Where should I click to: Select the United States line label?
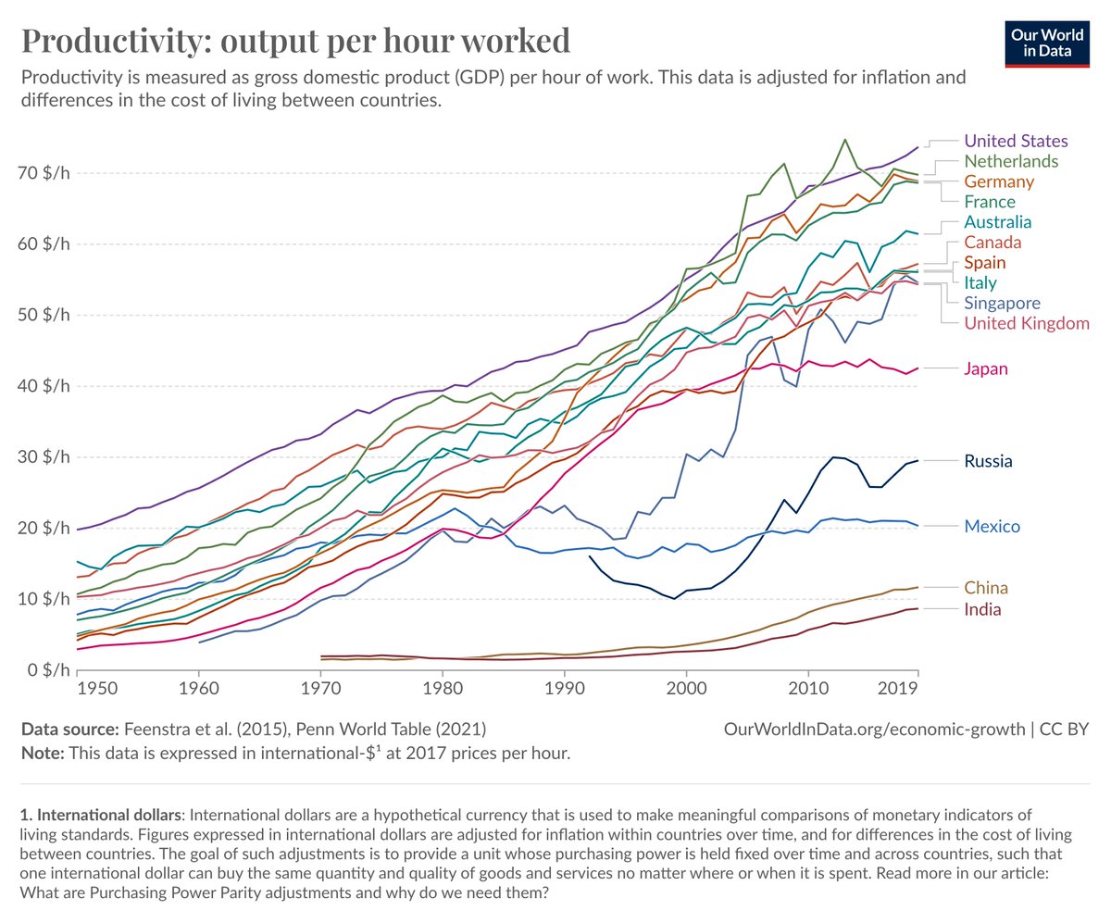(x=1016, y=141)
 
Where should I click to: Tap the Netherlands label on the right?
(x=1012, y=161)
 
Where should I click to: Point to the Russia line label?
(x=990, y=460)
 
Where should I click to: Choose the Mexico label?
(x=992, y=527)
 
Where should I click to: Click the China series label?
(x=986, y=588)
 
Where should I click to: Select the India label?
(x=983, y=609)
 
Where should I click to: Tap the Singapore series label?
(x=1002, y=303)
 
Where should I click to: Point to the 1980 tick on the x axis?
(x=443, y=690)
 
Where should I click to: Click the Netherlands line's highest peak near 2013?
(x=845, y=140)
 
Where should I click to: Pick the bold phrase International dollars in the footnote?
(x=99, y=815)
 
